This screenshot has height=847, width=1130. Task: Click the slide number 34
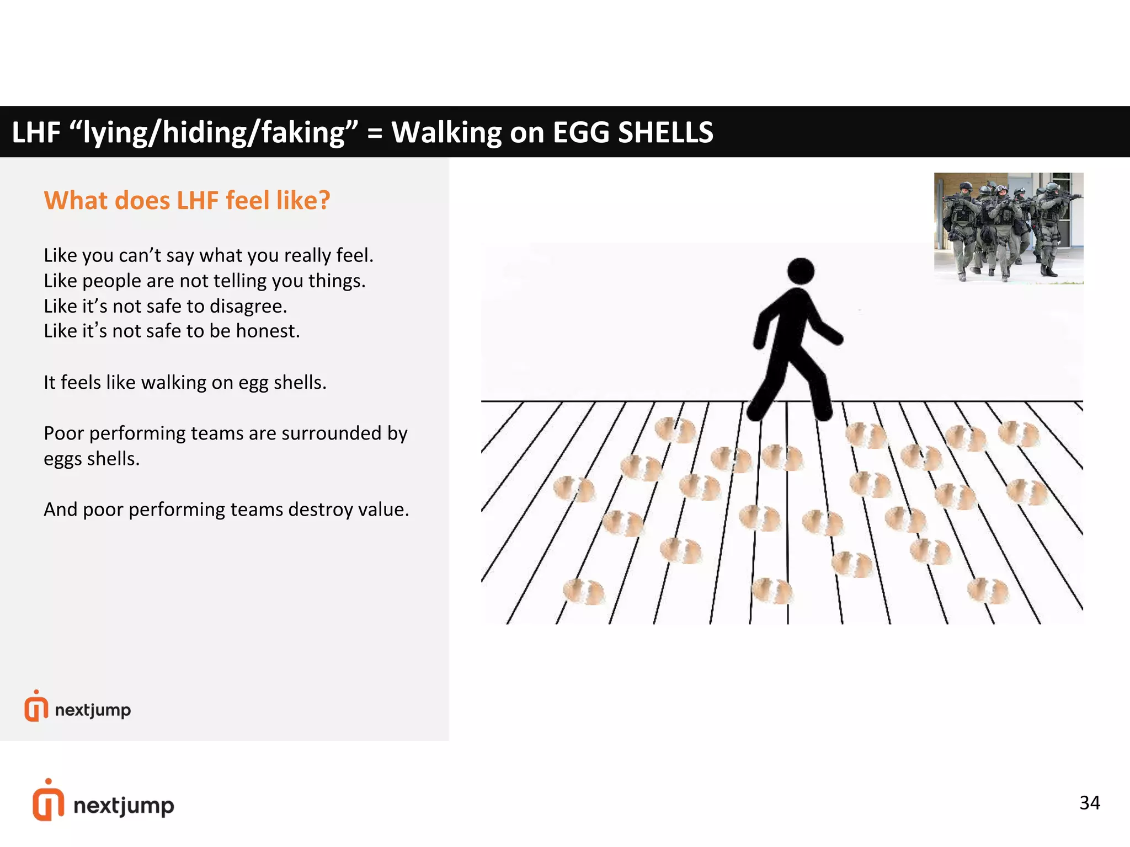tap(1089, 803)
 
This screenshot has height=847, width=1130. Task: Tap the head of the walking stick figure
tap(801, 271)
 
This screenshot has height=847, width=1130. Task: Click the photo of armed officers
tap(1008, 228)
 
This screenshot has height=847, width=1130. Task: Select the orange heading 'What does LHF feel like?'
tap(187, 200)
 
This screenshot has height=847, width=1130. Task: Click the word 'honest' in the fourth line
tap(266, 331)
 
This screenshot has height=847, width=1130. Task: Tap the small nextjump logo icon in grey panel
tap(36, 707)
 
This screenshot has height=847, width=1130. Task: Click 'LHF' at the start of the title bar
tap(36, 132)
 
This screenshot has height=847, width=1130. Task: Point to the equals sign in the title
tap(375, 133)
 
